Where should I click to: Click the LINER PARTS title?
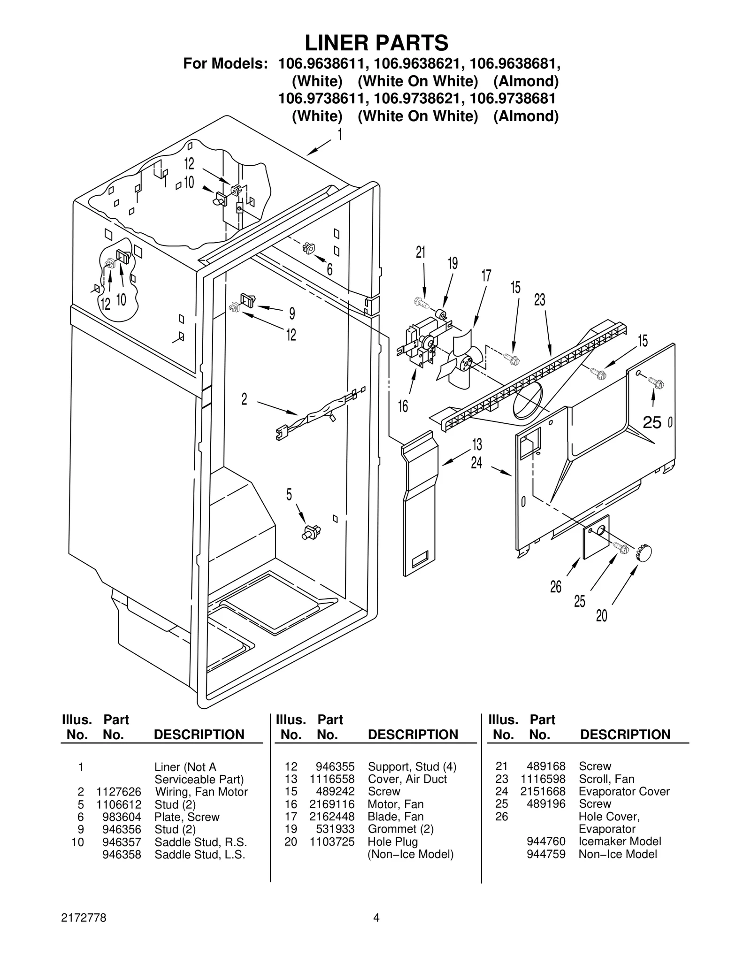[x=376, y=43]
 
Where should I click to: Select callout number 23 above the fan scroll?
[x=540, y=300]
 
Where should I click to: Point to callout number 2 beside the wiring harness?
[x=244, y=399]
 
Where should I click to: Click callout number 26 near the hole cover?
[x=556, y=587]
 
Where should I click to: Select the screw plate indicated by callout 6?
[x=309, y=248]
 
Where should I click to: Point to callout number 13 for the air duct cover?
[x=477, y=444]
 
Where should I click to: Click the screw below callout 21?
[x=422, y=303]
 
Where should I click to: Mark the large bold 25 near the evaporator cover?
[x=652, y=423]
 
